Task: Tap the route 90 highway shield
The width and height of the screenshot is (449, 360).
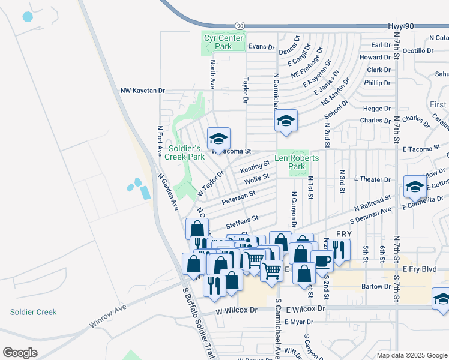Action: click(x=240, y=25)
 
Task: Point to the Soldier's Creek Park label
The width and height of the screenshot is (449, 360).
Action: click(x=185, y=152)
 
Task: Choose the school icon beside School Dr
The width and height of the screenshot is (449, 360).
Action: click(x=286, y=122)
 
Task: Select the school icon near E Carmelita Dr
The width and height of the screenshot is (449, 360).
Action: click(x=415, y=187)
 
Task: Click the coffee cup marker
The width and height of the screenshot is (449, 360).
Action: click(x=322, y=261)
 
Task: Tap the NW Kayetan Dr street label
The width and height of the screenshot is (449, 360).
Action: click(x=142, y=91)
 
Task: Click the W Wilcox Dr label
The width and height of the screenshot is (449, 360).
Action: click(x=237, y=310)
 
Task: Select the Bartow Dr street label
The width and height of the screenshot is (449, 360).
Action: click(x=377, y=287)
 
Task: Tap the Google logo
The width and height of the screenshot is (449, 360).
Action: click(x=20, y=353)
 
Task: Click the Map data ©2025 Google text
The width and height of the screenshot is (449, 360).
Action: click(x=411, y=355)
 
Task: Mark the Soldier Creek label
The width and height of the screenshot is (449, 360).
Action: click(x=33, y=312)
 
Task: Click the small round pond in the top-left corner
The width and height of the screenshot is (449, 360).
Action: click(x=28, y=17)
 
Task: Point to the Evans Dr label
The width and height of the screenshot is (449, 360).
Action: click(x=261, y=46)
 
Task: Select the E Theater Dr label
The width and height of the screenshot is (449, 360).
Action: click(x=372, y=179)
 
